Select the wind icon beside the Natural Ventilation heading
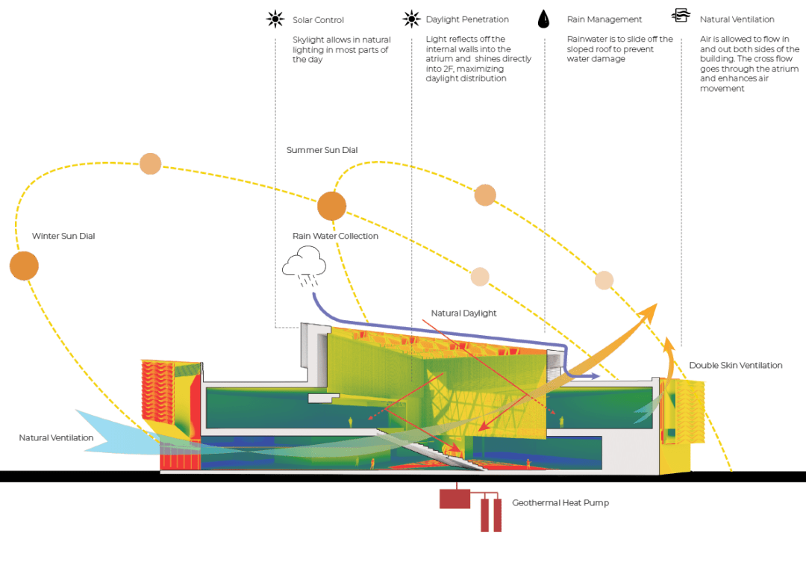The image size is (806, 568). pos(681,16)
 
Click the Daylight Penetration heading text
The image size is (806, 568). pos(467,19)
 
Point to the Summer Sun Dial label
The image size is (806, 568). pos(322,150)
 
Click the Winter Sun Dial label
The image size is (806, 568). pos(63,236)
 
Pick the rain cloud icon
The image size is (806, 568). pos(303,266)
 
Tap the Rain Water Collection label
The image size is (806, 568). pos(335,236)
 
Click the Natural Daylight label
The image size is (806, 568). pos(463,313)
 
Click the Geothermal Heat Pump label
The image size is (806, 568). pos(560,503)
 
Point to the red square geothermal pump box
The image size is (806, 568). pos(454,498)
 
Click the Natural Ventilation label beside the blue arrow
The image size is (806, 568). pos(56,438)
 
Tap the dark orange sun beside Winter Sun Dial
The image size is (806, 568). pos(24,266)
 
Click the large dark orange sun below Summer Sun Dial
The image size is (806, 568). pos(331,206)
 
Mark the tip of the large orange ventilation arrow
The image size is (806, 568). pos(656,305)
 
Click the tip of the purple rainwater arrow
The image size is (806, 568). pos(598,375)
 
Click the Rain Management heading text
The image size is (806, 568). pos(604,19)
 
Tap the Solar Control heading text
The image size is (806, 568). pos(319,19)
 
